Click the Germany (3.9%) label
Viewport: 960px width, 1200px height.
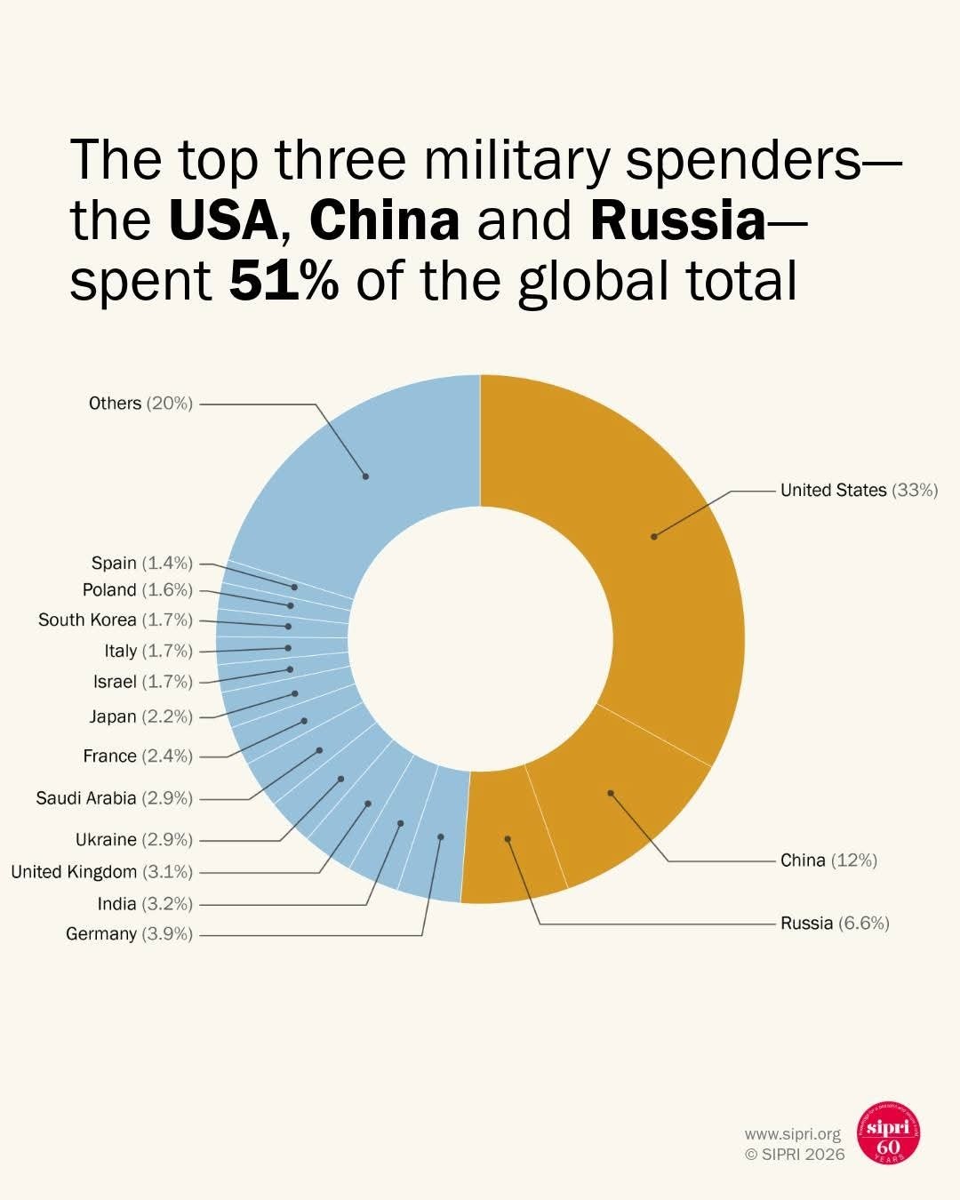[x=129, y=934]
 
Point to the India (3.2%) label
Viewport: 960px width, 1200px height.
[x=145, y=904]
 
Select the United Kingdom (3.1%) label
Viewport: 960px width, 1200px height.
[x=101, y=872]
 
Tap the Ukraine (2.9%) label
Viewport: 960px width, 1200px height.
[x=133, y=840]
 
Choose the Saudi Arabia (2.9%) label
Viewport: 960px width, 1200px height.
[x=114, y=798]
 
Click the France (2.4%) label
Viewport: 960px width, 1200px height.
[x=138, y=756]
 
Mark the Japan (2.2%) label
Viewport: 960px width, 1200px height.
[x=140, y=716]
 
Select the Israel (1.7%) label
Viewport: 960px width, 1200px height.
[x=142, y=682]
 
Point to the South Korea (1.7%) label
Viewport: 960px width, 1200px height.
[x=115, y=620]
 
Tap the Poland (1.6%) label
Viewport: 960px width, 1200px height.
[x=137, y=590]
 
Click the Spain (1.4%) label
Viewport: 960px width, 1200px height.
[x=141, y=564]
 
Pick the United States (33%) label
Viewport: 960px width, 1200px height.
[x=859, y=491]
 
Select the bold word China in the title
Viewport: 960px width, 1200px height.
[x=384, y=220]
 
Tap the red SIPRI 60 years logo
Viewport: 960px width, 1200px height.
[x=888, y=1134]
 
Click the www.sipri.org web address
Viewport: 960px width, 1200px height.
[x=792, y=1134]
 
